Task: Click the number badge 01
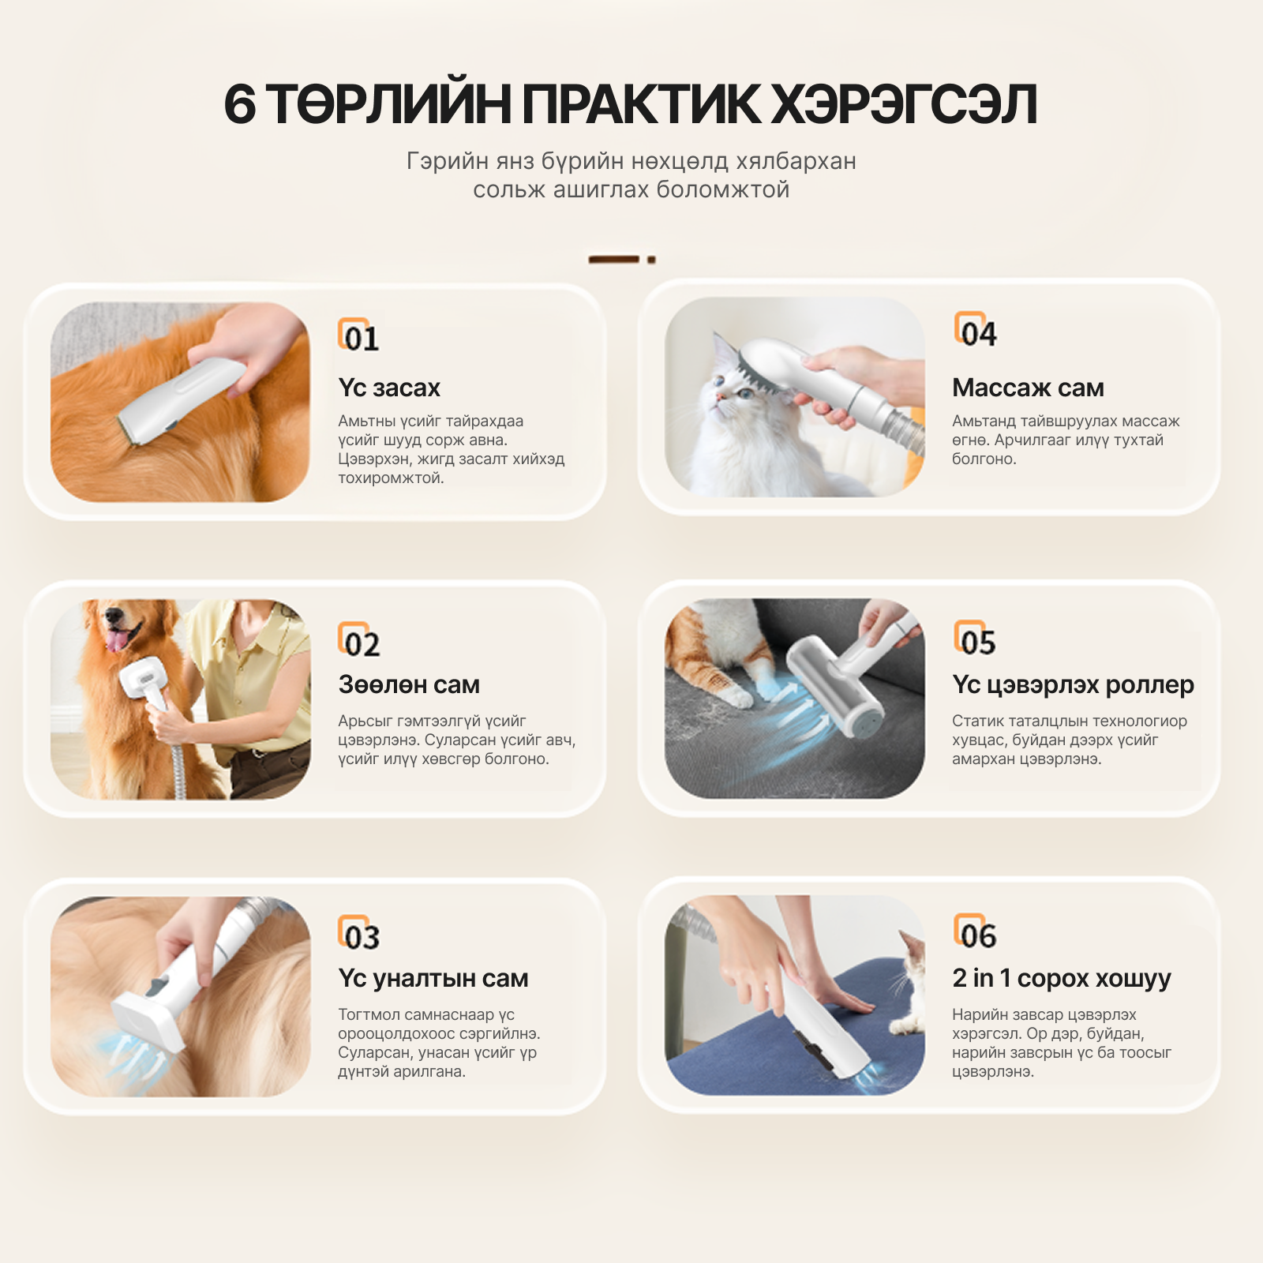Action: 359,336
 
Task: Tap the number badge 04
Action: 976,331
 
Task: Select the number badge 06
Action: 976,933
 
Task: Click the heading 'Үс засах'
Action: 388,388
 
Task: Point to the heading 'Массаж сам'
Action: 1028,388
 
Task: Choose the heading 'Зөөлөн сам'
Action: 409,684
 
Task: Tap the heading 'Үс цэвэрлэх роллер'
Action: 1073,684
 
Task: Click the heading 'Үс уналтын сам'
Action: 433,978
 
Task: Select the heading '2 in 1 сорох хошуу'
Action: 1061,978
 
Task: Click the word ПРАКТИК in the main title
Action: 642,104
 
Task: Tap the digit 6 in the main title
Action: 240,104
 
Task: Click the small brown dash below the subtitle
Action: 614,259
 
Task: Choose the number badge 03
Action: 359,935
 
